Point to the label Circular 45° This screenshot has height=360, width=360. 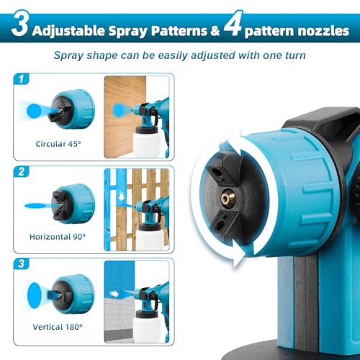[60, 143]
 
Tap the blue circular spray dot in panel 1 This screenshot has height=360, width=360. [33, 107]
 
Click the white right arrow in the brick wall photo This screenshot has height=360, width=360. [116, 294]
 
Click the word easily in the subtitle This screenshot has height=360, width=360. [170, 54]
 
